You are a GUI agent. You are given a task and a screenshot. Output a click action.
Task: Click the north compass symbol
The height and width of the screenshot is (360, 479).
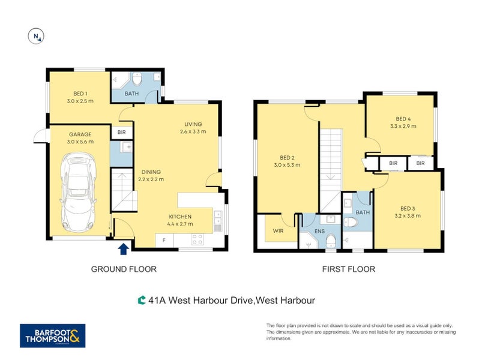click(x=36, y=37)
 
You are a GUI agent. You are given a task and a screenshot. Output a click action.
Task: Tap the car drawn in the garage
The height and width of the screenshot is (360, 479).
click(x=79, y=193)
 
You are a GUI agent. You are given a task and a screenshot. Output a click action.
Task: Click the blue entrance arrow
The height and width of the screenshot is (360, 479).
click(x=124, y=249)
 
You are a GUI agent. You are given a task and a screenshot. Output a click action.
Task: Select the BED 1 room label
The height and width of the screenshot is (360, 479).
click(x=80, y=94)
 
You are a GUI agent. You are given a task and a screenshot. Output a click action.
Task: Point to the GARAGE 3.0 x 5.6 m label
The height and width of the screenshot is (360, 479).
click(x=80, y=138)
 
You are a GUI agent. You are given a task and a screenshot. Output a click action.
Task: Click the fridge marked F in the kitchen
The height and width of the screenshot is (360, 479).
click(x=164, y=241)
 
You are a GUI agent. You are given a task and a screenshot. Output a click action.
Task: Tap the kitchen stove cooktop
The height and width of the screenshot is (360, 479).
click(x=197, y=239)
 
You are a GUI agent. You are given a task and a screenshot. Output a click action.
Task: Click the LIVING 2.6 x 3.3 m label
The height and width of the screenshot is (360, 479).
click(x=193, y=128)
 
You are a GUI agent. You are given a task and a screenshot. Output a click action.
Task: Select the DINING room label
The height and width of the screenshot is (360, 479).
click(x=151, y=172)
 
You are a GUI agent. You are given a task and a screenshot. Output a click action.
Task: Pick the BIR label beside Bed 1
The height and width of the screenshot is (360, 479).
click(x=122, y=132)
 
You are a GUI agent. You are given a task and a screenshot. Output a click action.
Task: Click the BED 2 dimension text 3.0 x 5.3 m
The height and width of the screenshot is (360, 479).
click(x=287, y=165)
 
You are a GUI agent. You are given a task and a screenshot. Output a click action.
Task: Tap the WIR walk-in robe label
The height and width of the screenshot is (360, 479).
click(x=278, y=231)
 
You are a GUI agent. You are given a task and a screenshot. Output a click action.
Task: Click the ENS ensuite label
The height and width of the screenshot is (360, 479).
click(x=319, y=232)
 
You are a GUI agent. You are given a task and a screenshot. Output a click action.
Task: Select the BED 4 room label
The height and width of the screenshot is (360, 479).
click(x=403, y=119)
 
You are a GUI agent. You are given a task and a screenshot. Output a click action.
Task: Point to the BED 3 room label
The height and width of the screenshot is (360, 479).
click(x=408, y=209)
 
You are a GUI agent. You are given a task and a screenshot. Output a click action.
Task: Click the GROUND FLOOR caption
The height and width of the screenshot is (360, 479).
click(x=124, y=269)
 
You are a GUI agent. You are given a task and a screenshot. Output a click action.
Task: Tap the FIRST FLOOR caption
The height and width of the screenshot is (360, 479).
click(x=349, y=269)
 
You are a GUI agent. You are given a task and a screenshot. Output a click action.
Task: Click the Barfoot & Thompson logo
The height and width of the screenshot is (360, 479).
click(x=53, y=335)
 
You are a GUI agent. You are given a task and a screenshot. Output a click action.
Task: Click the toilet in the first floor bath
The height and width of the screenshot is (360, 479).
click(x=351, y=222)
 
